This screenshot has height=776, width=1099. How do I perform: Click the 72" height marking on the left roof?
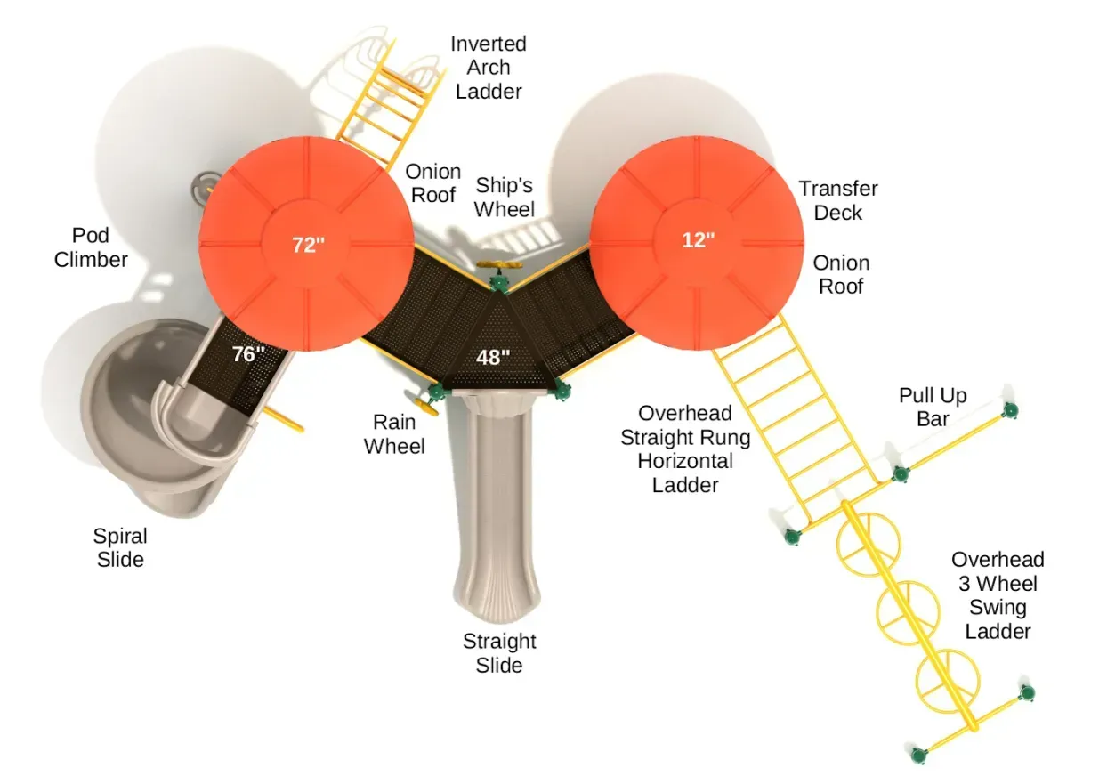point(308,245)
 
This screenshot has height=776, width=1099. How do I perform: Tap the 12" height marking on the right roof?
point(699,240)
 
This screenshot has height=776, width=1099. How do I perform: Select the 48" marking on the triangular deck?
point(493,357)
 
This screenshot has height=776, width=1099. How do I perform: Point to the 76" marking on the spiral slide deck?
point(248,353)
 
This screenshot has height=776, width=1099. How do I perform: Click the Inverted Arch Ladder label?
point(489,68)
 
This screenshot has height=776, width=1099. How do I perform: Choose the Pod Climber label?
point(91,247)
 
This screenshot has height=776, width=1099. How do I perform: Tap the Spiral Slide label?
point(120,547)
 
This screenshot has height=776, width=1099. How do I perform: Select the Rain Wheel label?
point(394,434)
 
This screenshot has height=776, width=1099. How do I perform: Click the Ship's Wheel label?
point(505,198)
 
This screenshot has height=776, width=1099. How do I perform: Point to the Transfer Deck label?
point(838,200)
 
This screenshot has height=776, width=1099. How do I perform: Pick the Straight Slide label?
point(499,653)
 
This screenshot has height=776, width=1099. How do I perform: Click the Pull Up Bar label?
point(933,407)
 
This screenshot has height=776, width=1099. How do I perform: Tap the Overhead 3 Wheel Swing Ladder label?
point(998,595)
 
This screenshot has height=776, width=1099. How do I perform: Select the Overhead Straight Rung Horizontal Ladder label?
point(685,449)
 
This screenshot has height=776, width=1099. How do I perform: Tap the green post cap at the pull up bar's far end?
point(1010,409)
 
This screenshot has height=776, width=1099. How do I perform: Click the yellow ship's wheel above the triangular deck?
point(499,265)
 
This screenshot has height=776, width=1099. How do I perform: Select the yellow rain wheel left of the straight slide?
point(426,407)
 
